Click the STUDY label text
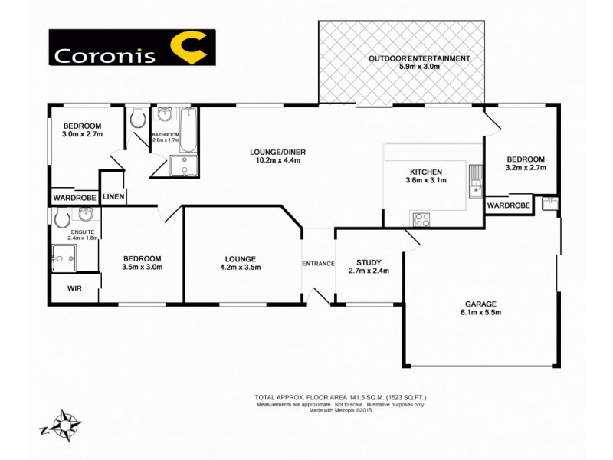click(369, 259)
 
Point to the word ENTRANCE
click(318, 264)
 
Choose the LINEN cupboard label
click(113, 197)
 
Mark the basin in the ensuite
click(85, 215)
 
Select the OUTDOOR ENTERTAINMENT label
click(419, 58)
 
